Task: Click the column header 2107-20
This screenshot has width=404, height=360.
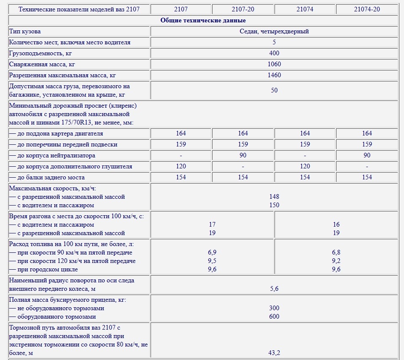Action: (243, 9)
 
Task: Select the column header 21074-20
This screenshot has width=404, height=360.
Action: (367, 9)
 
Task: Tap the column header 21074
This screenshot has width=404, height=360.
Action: (305, 9)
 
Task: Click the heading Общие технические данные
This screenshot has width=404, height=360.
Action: (203, 20)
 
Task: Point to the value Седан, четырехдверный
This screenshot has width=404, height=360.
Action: (274, 31)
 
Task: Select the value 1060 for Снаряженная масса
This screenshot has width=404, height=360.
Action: (274, 64)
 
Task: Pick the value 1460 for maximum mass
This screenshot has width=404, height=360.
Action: (274, 75)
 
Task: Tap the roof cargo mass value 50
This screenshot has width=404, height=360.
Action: (274, 90)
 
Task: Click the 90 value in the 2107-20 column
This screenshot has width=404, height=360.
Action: (243, 155)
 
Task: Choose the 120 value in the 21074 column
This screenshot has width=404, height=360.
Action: (305, 166)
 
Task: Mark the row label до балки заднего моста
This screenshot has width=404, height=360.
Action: (47, 177)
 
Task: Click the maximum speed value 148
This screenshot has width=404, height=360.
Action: (274, 197)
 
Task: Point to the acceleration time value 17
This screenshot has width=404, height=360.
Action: (212, 225)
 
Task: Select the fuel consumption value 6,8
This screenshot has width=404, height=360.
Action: (336, 252)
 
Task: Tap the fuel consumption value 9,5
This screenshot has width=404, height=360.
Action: (212, 261)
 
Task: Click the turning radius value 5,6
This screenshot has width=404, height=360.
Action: (274, 289)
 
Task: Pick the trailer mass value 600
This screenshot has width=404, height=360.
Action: (274, 317)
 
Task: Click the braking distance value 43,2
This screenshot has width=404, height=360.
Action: (274, 352)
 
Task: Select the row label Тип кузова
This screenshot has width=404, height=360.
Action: (25, 31)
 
